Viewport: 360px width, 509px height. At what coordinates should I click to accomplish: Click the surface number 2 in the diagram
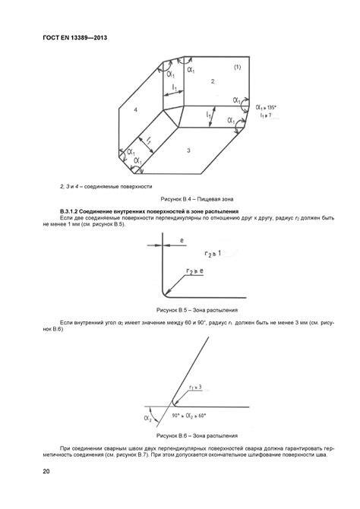(x=213, y=81)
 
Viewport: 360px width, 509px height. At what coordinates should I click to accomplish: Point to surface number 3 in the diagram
(x=188, y=151)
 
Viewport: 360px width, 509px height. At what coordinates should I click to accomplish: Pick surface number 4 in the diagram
(x=134, y=112)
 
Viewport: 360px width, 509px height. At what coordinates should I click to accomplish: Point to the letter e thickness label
(x=181, y=240)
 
